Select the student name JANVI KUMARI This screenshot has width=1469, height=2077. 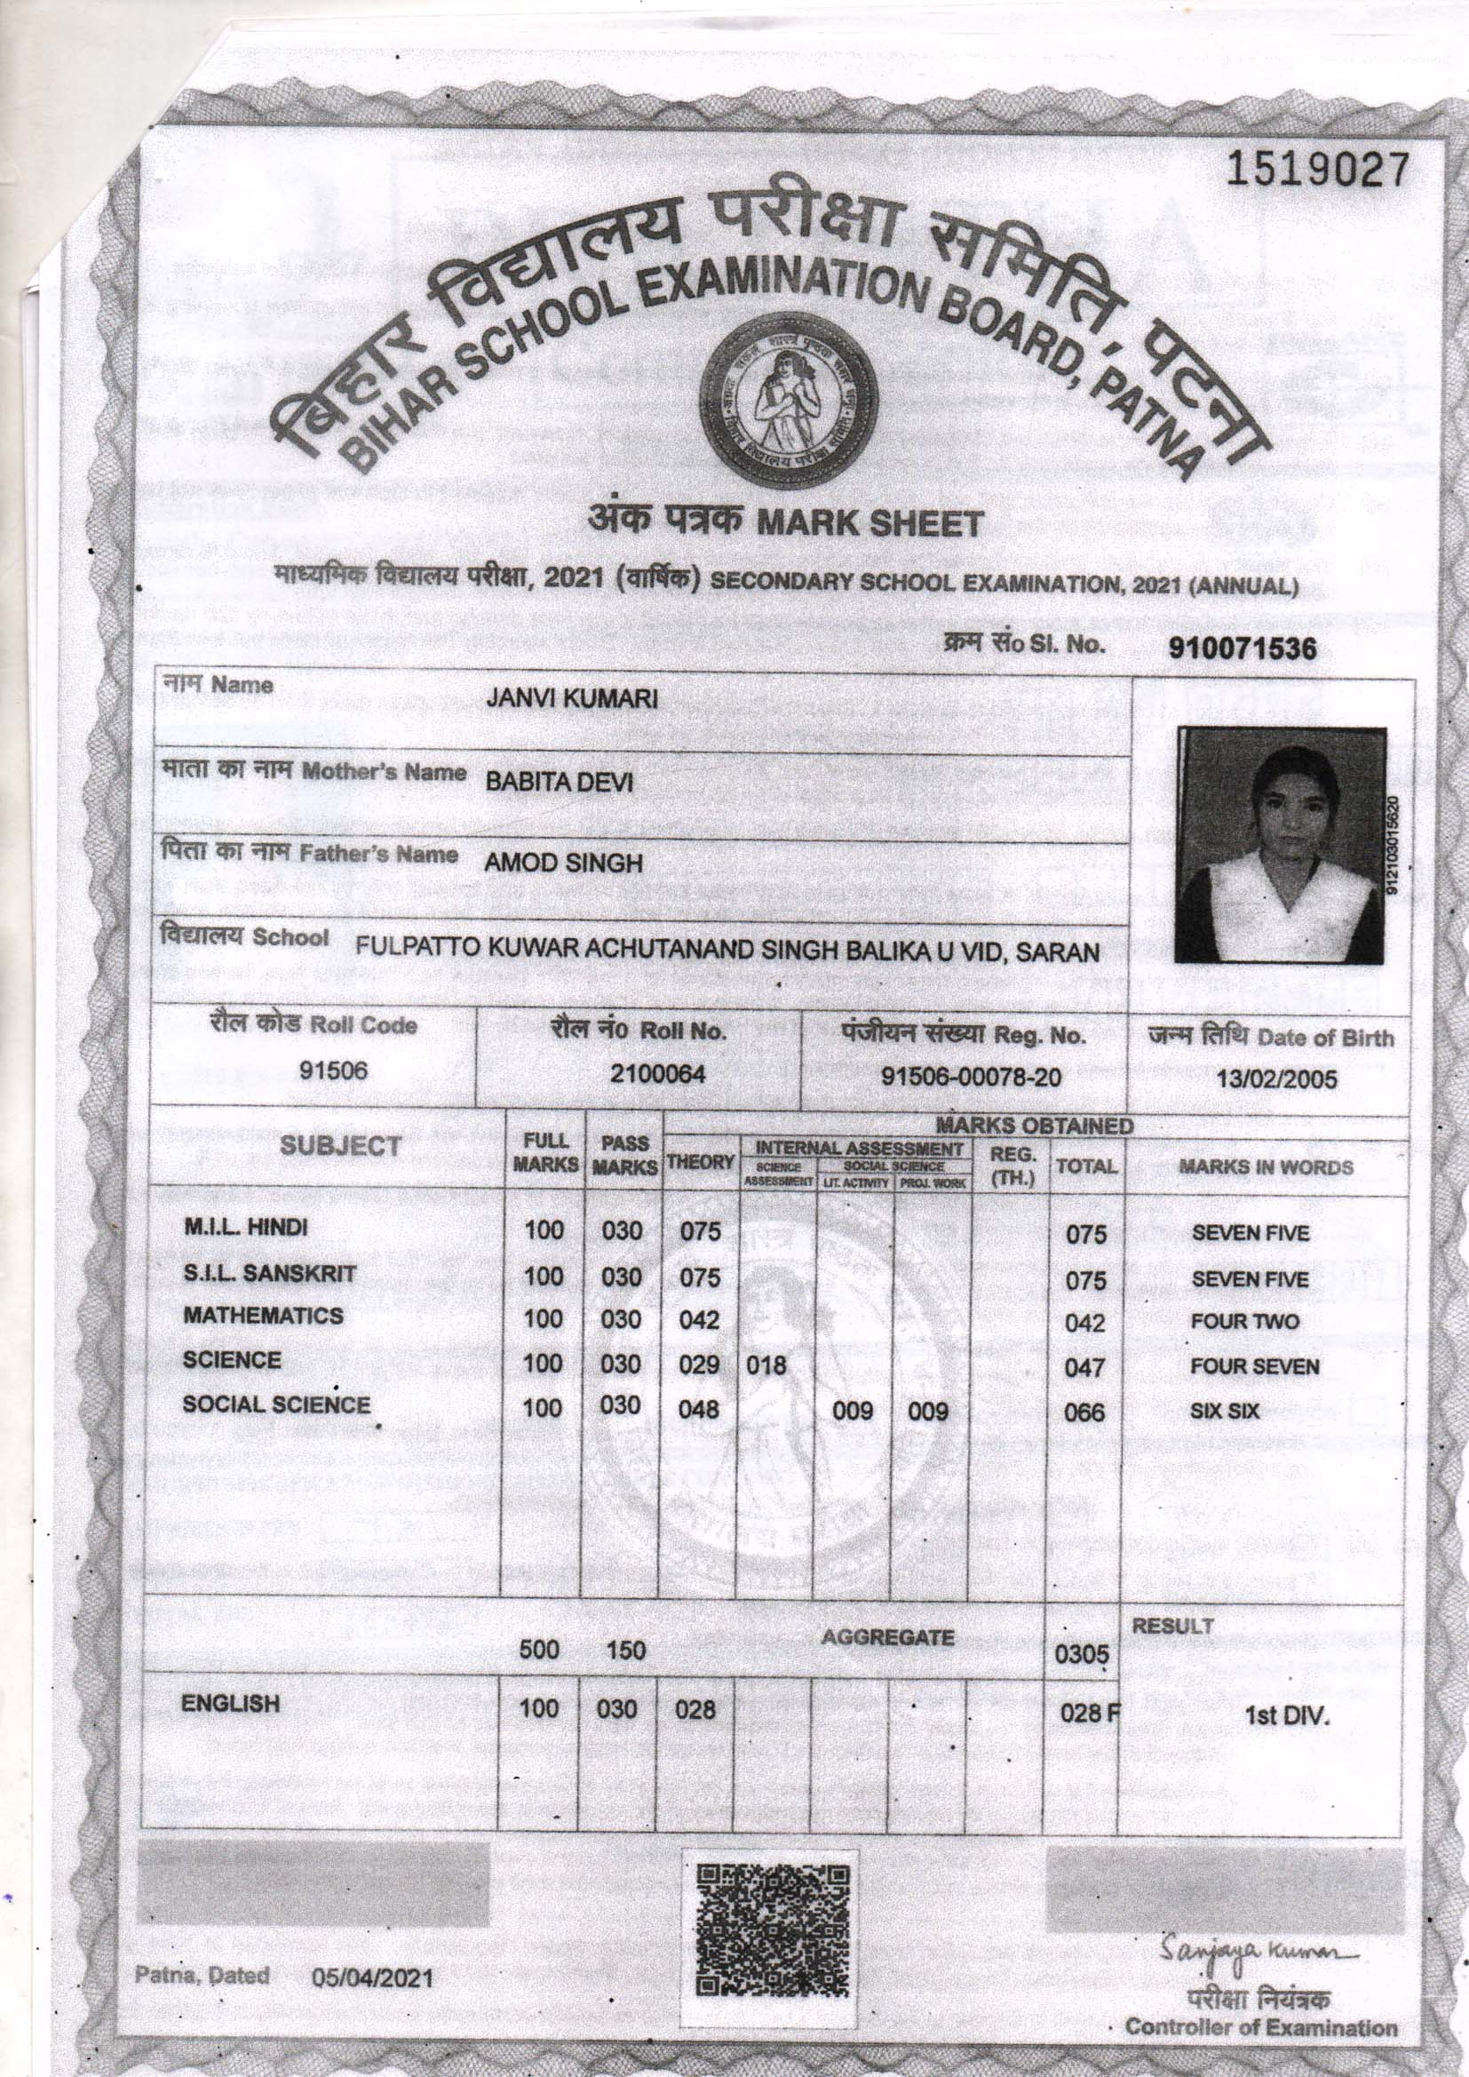tap(571, 698)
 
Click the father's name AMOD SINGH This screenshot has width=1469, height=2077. tap(562, 863)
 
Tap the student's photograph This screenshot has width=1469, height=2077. tap(1279, 845)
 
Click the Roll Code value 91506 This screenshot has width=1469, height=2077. tap(334, 1072)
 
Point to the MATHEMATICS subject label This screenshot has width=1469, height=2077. tap(263, 1317)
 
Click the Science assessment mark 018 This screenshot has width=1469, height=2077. tap(766, 1365)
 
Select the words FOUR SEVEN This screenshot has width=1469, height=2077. tap(1254, 1366)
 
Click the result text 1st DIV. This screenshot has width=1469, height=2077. tap(1288, 1716)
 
